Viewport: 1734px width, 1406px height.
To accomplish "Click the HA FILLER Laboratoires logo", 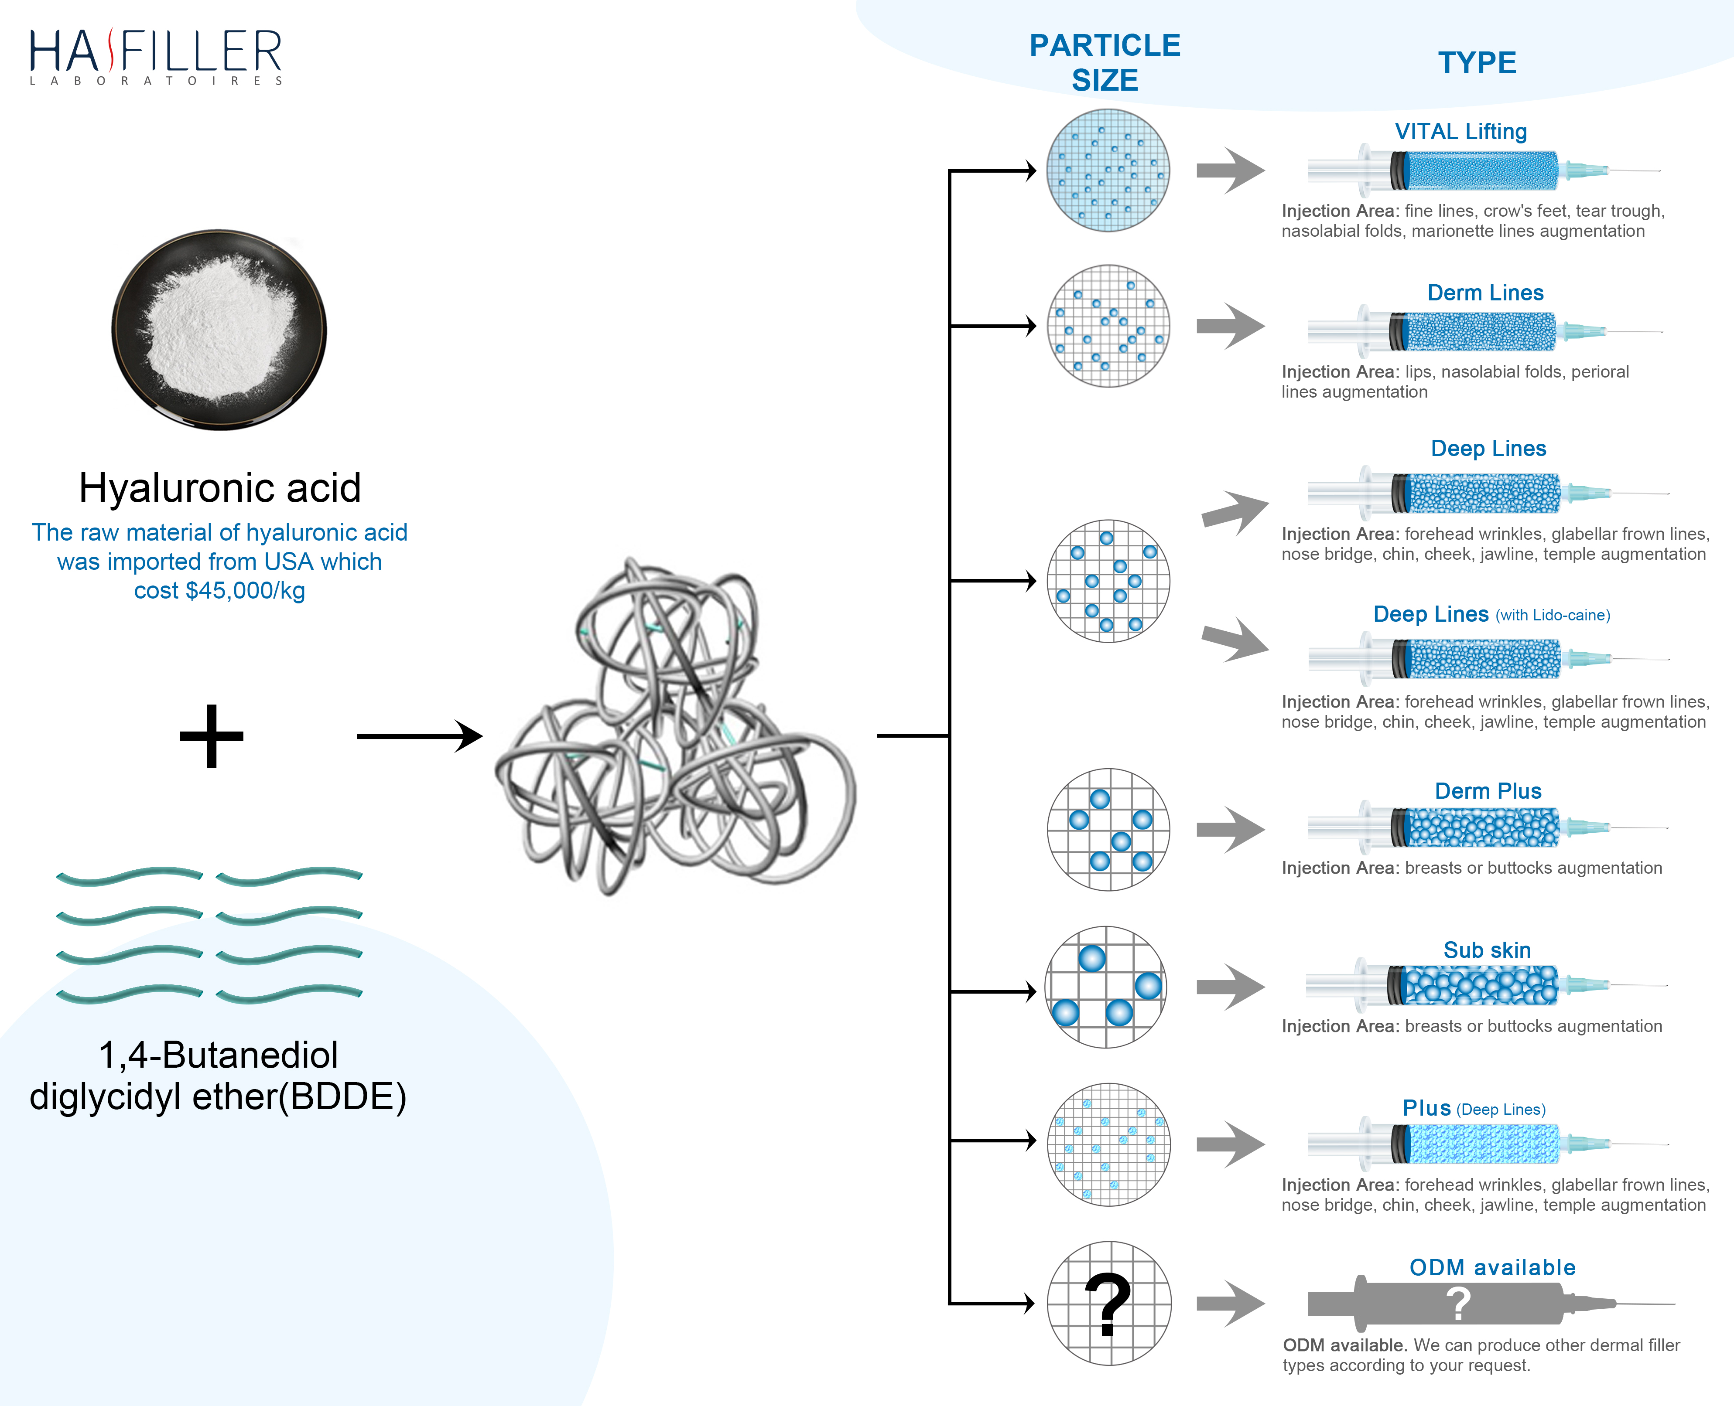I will [x=156, y=57].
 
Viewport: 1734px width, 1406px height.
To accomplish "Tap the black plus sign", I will [x=212, y=735].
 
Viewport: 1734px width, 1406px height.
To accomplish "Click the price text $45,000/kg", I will [x=219, y=590].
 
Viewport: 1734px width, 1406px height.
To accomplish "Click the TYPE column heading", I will [x=1476, y=62].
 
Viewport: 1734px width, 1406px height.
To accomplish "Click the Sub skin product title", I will [x=1487, y=950].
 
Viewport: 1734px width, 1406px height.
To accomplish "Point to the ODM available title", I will [x=1492, y=1267].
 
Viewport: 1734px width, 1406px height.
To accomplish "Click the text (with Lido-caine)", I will [x=1553, y=616].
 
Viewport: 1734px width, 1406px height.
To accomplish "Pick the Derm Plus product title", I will [x=1488, y=791].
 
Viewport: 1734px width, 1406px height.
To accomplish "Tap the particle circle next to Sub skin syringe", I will [x=1106, y=987].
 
